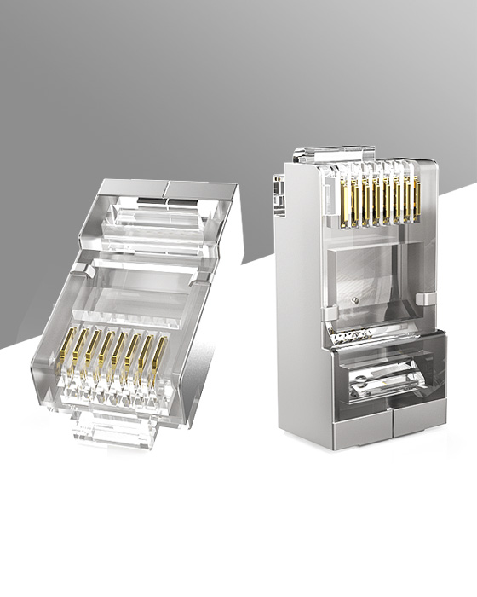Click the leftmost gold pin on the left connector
(x=66, y=354)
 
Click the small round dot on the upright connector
(x=355, y=300)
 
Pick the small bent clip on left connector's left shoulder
(x=80, y=270)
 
